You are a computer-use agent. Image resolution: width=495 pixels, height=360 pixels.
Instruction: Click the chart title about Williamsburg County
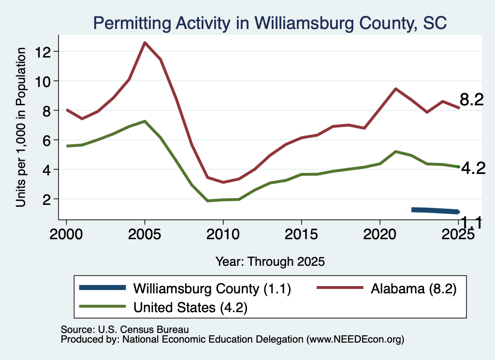[270, 23]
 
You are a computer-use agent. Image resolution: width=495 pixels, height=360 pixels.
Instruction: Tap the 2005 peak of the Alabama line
[145, 42]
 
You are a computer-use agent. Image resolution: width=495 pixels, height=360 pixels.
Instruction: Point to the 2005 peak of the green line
[145, 121]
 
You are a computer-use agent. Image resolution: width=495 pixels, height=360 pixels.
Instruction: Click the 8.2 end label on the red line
[472, 100]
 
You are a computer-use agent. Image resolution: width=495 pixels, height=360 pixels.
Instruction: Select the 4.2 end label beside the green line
[473, 169]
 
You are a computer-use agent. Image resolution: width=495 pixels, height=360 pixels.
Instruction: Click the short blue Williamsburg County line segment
[436, 211]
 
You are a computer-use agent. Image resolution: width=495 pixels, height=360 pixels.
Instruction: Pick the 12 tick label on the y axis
[43, 52]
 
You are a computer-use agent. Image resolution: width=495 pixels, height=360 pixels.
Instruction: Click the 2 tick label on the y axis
[47, 200]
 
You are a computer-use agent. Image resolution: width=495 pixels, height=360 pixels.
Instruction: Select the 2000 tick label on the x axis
[66, 235]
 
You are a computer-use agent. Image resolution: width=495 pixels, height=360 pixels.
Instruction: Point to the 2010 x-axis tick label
[223, 235]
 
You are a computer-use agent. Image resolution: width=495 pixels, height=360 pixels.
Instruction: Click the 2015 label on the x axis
[302, 235]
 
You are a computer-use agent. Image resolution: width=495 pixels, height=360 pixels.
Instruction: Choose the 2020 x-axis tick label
[380, 235]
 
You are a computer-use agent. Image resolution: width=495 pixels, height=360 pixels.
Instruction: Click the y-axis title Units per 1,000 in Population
[21, 127]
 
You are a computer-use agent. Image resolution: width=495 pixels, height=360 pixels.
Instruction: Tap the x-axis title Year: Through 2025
[270, 261]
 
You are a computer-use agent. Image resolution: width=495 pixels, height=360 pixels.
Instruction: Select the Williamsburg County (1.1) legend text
[212, 288]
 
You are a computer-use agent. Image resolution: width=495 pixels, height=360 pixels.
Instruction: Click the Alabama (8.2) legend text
[414, 288]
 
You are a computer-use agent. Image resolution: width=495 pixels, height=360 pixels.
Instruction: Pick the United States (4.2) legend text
[190, 307]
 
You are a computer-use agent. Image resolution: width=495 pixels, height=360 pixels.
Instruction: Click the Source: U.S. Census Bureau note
[125, 330]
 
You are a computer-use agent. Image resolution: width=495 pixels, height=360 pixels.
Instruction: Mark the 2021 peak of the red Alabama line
[395, 88]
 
